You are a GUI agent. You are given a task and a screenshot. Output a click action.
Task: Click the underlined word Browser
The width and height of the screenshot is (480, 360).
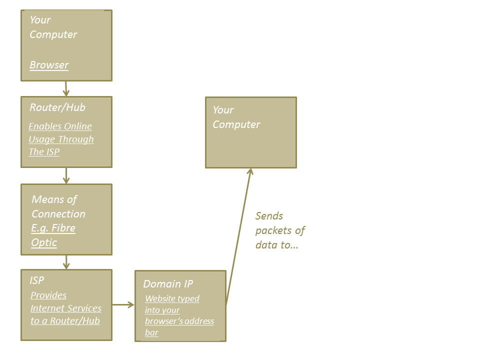(x=49, y=65)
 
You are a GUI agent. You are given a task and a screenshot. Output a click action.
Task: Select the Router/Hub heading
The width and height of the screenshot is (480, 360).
(x=57, y=107)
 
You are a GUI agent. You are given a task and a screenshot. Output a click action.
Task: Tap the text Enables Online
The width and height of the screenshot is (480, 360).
(x=60, y=126)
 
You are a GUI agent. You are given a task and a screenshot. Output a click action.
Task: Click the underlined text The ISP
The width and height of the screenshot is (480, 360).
(x=44, y=152)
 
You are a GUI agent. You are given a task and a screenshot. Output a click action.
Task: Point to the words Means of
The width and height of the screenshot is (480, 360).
(x=54, y=199)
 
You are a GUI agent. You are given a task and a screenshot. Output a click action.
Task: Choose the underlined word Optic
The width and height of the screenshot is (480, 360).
(x=44, y=242)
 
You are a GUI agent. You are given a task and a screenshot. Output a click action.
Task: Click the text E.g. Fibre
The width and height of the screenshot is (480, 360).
(x=53, y=228)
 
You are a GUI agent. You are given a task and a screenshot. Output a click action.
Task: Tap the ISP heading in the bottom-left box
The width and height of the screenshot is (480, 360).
(x=36, y=280)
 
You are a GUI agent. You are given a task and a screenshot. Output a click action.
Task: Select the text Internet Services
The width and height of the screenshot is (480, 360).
(x=66, y=308)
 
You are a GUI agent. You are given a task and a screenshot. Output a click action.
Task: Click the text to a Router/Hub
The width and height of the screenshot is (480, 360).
(x=65, y=321)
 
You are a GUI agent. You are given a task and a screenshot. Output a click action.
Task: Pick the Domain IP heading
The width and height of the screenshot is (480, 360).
(x=168, y=284)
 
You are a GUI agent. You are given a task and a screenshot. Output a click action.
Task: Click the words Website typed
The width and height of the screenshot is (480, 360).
(x=172, y=298)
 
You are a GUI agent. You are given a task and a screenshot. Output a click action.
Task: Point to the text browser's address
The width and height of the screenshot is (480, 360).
(x=179, y=321)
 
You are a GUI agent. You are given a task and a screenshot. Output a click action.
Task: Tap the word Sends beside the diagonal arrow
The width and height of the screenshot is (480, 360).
(x=269, y=216)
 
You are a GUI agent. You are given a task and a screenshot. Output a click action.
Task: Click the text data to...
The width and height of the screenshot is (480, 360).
(x=276, y=245)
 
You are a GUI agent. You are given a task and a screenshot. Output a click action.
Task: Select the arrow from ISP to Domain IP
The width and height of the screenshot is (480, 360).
(x=123, y=304)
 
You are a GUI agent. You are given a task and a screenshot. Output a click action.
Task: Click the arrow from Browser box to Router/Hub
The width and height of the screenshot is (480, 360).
(x=66, y=88)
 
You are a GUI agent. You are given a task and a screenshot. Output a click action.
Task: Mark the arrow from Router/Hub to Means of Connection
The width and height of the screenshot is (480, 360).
(x=66, y=175)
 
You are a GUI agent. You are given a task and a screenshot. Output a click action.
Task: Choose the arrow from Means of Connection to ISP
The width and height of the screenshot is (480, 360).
(x=66, y=262)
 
